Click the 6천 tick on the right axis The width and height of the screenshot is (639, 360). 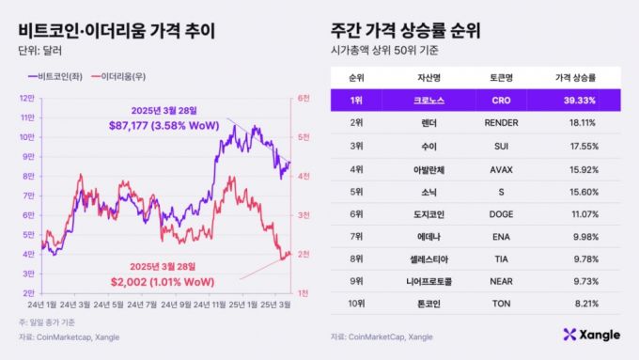pyautogui.click(x=304, y=98)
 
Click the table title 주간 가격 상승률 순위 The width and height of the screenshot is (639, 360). pyautogui.click(x=406, y=29)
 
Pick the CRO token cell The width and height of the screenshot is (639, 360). pyautogui.click(x=505, y=100)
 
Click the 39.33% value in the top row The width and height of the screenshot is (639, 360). pyautogui.click(x=574, y=100)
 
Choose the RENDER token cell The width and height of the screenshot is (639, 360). pyautogui.click(x=505, y=121)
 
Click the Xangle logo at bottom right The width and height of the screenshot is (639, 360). pyautogui.click(x=592, y=335)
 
